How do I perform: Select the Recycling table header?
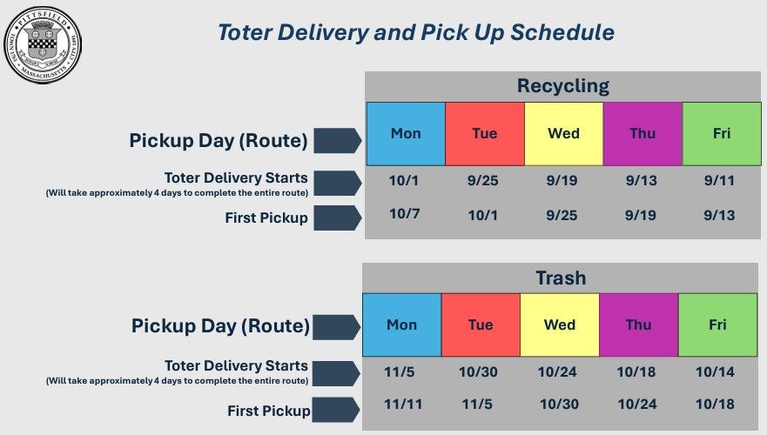(x=562, y=86)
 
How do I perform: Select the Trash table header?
(x=561, y=278)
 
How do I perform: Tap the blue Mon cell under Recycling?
(x=406, y=134)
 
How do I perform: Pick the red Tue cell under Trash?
(x=481, y=325)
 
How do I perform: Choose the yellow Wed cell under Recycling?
(x=563, y=134)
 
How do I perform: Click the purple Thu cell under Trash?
(x=638, y=325)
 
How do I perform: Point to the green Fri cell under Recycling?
(x=721, y=134)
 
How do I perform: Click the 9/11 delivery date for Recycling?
(x=721, y=181)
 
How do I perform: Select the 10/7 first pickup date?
(x=406, y=214)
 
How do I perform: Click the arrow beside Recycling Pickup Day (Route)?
(x=337, y=140)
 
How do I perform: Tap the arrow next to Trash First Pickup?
(x=336, y=409)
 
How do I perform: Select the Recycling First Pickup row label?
(x=266, y=218)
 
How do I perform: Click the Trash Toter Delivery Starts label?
(x=236, y=366)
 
